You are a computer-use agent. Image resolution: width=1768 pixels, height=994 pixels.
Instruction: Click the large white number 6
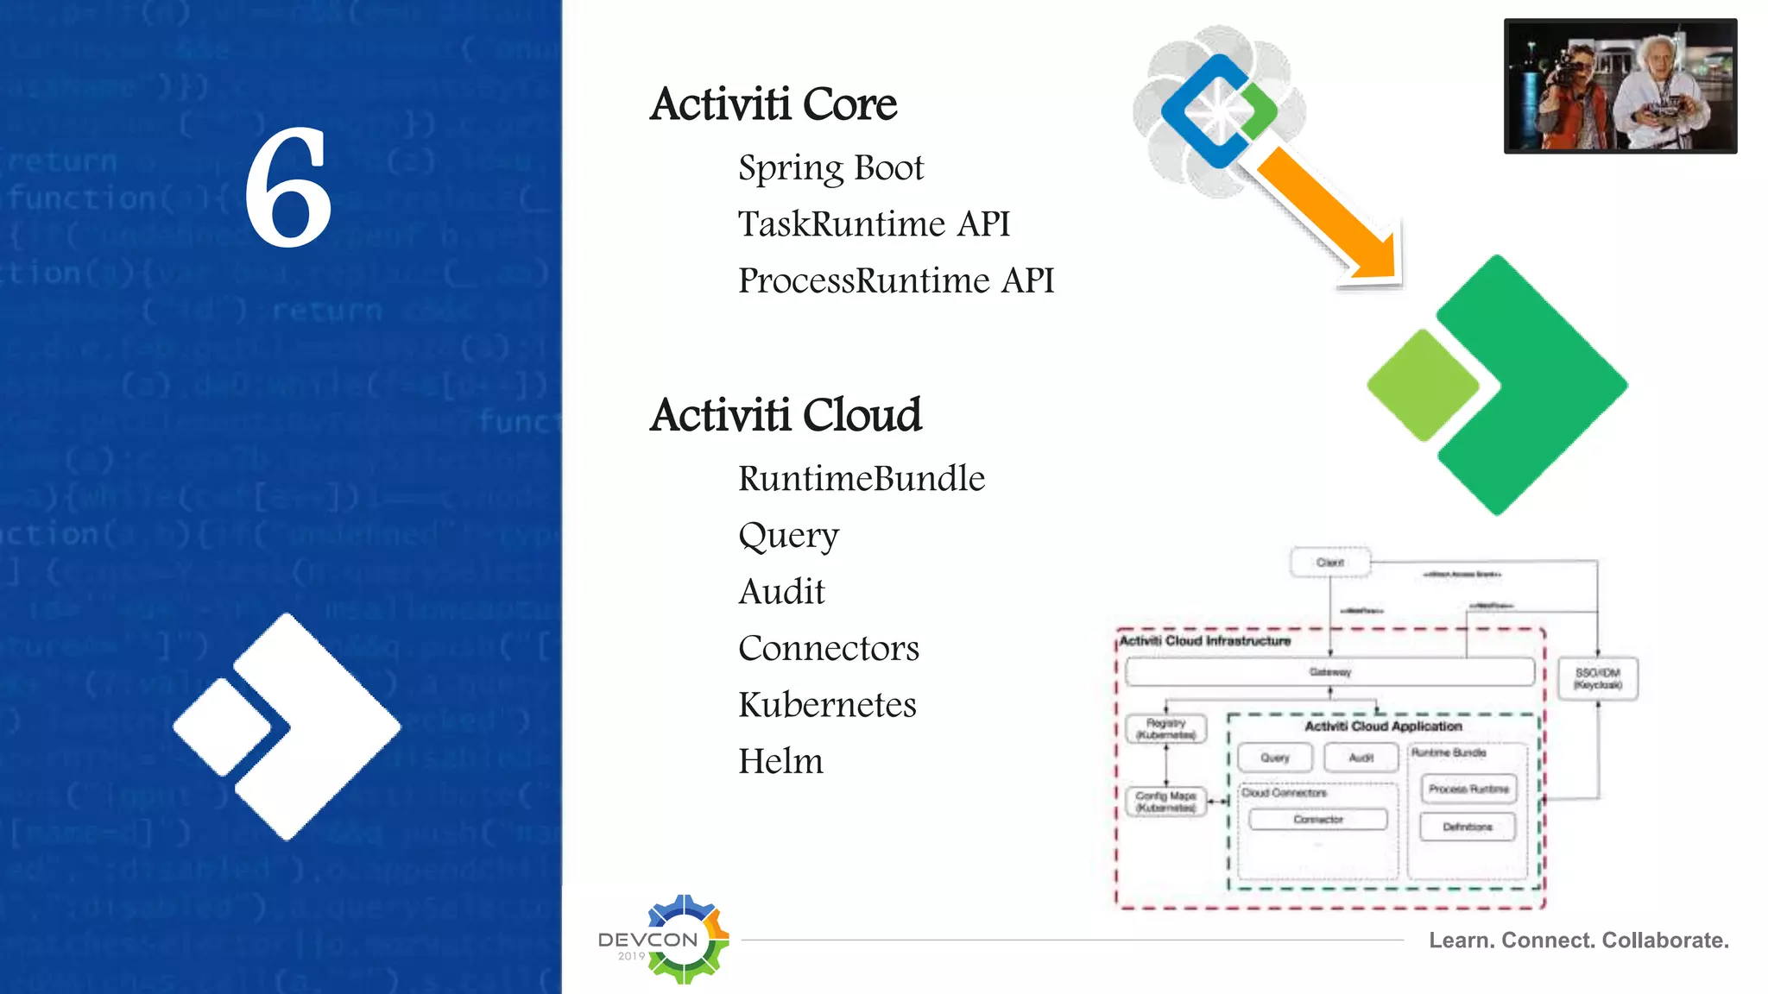point(287,187)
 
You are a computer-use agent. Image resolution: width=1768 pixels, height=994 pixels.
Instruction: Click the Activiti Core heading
point(773,104)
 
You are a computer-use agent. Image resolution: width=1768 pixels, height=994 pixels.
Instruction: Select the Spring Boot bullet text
point(830,167)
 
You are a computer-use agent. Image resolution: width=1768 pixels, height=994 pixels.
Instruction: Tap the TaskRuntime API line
point(874,224)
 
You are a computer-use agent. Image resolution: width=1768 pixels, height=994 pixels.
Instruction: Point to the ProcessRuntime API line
point(896,280)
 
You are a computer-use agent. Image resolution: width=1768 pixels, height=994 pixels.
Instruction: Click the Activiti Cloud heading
point(786,415)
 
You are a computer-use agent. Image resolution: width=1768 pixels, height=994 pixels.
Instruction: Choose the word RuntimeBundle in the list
point(862,479)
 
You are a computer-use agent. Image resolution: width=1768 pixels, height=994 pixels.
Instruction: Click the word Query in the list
point(788,536)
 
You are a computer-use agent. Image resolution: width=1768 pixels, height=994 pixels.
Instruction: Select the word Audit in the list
point(782,592)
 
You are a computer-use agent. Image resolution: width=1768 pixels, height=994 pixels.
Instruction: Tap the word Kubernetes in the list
point(827,705)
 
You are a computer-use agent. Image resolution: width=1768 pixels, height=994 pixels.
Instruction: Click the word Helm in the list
point(780,761)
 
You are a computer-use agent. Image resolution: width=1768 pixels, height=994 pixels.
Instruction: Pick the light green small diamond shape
point(1423,385)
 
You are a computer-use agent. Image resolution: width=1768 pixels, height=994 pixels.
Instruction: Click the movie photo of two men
point(1620,86)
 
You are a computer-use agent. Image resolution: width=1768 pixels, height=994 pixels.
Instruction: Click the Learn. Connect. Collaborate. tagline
point(1578,940)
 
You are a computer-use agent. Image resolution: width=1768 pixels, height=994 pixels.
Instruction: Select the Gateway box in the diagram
point(1329,671)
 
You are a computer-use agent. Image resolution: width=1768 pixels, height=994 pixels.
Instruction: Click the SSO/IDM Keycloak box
point(1597,678)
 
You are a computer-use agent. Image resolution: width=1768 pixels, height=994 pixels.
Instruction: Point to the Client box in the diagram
point(1329,563)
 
